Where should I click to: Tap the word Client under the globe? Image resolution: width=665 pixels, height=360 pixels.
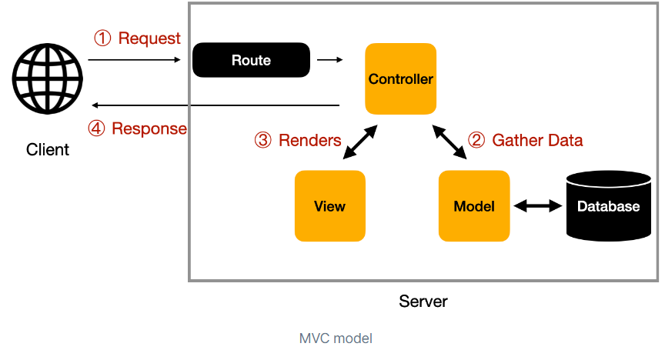[x=48, y=149]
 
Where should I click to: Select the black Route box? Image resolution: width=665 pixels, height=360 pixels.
[x=251, y=60]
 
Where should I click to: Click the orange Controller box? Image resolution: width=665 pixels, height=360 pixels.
[x=400, y=78]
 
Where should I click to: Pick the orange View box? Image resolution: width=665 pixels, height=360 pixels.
[x=329, y=205]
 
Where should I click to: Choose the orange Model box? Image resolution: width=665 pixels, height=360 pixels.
[x=473, y=205]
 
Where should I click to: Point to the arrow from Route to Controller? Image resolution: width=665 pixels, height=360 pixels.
[x=330, y=60]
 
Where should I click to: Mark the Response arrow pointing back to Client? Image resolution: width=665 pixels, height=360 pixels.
[x=216, y=105]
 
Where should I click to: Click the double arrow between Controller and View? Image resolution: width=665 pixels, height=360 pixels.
[x=360, y=142]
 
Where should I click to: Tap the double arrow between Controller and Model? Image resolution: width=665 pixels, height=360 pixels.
[x=450, y=142]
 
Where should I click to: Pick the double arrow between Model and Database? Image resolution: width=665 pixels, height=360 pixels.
[x=537, y=205]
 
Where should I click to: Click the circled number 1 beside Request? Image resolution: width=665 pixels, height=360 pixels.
[x=102, y=38]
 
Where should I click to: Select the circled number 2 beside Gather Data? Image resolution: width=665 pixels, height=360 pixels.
[x=477, y=140]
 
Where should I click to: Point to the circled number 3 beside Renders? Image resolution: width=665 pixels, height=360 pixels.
[x=263, y=140]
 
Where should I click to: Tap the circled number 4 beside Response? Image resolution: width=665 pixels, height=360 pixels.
[x=96, y=128]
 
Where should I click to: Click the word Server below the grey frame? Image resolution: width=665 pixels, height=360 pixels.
[x=423, y=301]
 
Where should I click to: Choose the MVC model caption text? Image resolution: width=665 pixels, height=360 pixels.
[x=336, y=338]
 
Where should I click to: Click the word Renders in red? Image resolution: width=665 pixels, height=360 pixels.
[x=309, y=140]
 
